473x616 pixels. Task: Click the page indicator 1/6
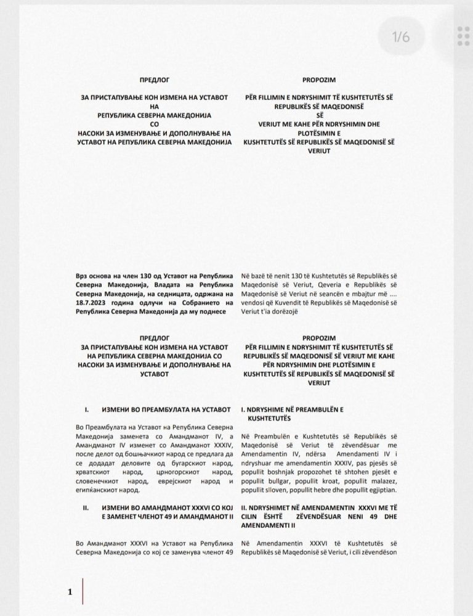(x=401, y=36)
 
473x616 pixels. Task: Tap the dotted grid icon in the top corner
(x=464, y=36)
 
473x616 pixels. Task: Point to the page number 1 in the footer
(x=70, y=592)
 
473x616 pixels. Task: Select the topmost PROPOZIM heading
(x=318, y=81)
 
